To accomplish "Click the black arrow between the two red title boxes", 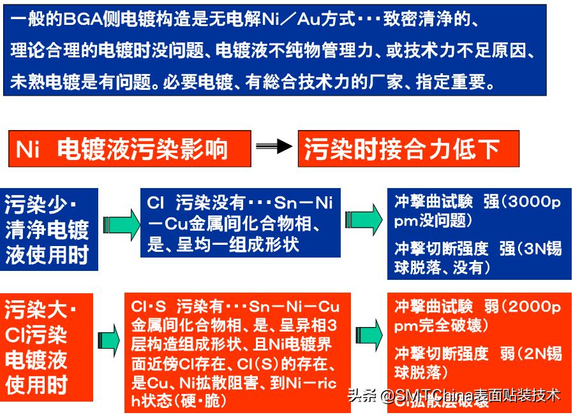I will coord(274,148).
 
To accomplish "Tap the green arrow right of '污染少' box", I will coord(121,224).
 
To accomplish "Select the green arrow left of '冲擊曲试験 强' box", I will coord(366,224).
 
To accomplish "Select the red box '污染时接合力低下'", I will coord(408,149).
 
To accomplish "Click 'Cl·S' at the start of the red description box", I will coord(145,307).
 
